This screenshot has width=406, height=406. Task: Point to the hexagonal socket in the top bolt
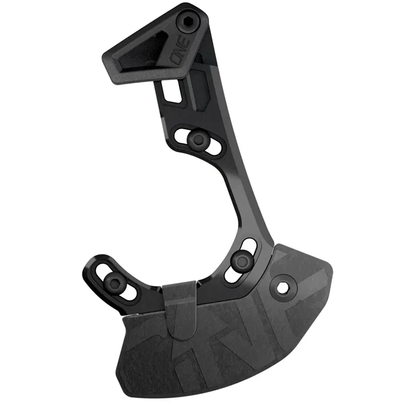point(186,20)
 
